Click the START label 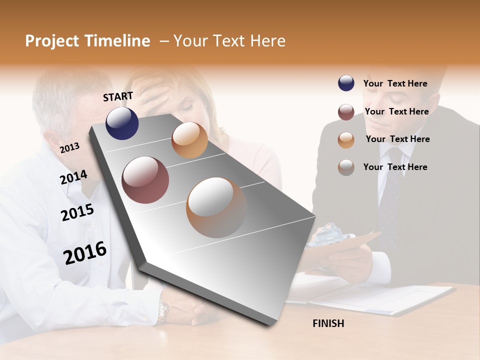[x=118, y=96]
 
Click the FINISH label [x=328, y=323]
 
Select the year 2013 [x=69, y=147]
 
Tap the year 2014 [x=73, y=177]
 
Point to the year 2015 [x=77, y=212]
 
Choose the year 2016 [x=85, y=252]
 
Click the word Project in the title [x=52, y=41]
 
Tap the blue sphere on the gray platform [x=122, y=123]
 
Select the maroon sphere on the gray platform [x=145, y=180]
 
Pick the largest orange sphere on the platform [x=216, y=207]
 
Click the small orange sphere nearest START [x=189, y=140]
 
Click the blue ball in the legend [x=346, y=83]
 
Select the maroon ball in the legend [x=346, y=112]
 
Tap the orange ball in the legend [x=346, y=140]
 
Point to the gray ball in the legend [x=346, y=167]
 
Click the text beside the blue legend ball [x=395, y=83]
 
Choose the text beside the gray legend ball [x=395, y=167]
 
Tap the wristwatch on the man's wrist [x=163, y=310]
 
